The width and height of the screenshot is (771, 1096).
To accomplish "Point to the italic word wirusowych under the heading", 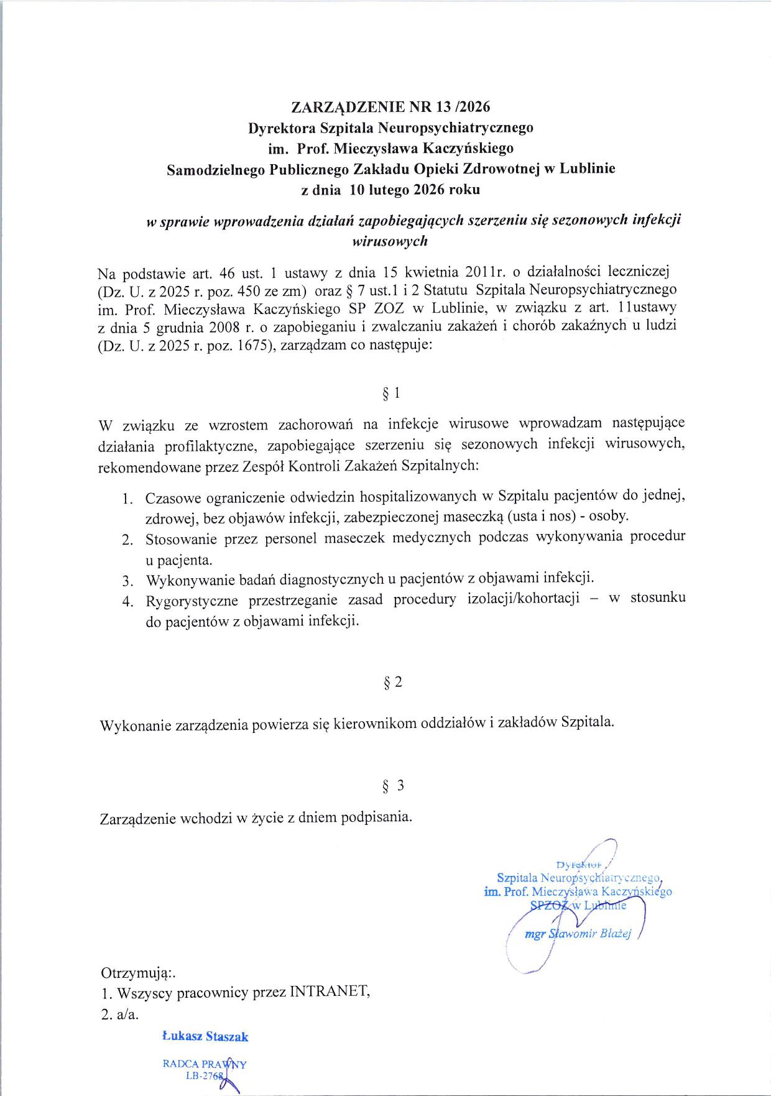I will click(390, 241).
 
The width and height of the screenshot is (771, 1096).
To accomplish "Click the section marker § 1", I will click(390, 393).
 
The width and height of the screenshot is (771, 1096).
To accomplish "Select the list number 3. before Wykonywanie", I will click(127, 581).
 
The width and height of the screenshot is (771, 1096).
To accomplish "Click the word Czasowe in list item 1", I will click(172, 498).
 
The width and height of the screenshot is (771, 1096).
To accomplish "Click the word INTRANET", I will click(330, 992).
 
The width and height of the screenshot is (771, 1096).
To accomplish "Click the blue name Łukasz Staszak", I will click(205, 1036).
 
